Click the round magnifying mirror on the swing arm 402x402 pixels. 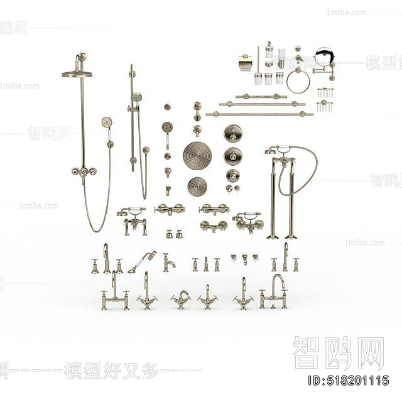(x=324, y=57)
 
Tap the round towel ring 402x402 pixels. (x=298, y=81)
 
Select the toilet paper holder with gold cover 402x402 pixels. (x=246, y=63)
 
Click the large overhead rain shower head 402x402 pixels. (x=77, y=74)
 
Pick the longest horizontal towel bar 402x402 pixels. (x=259, y=114)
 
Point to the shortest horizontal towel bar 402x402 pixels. (x=261, y=97)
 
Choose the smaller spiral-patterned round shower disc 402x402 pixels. (x=197, y=186)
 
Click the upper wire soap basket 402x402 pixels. (x=325, y=93)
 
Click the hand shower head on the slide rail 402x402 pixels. (x=136, y=97)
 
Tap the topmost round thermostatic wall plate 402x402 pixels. (x=233, y=133)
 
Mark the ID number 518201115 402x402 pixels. (x=348, y=380)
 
